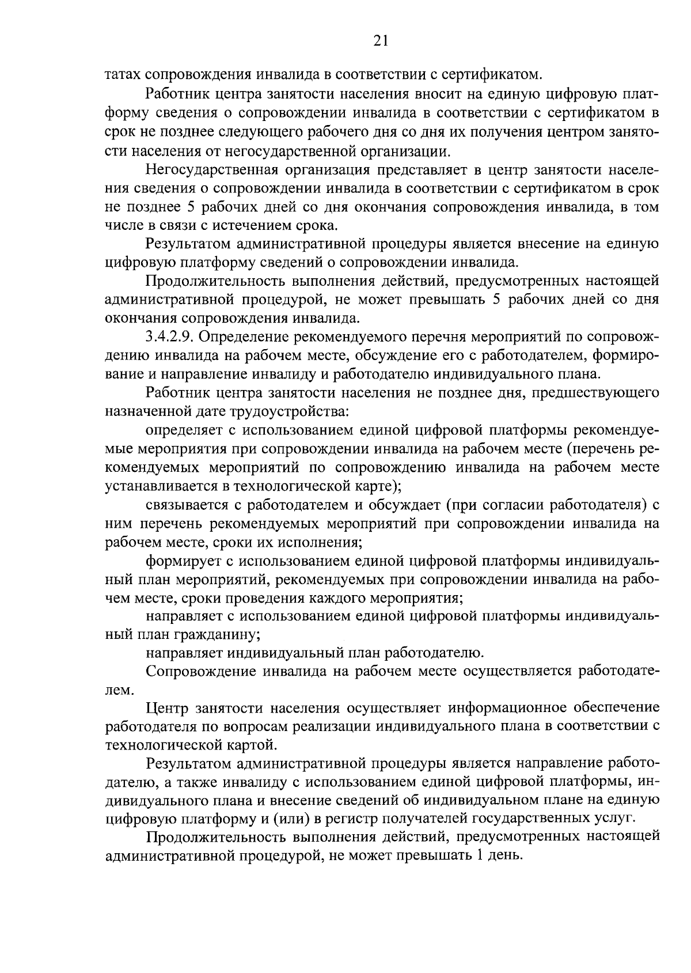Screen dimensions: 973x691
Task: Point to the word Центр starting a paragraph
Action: [x=167, y=708]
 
